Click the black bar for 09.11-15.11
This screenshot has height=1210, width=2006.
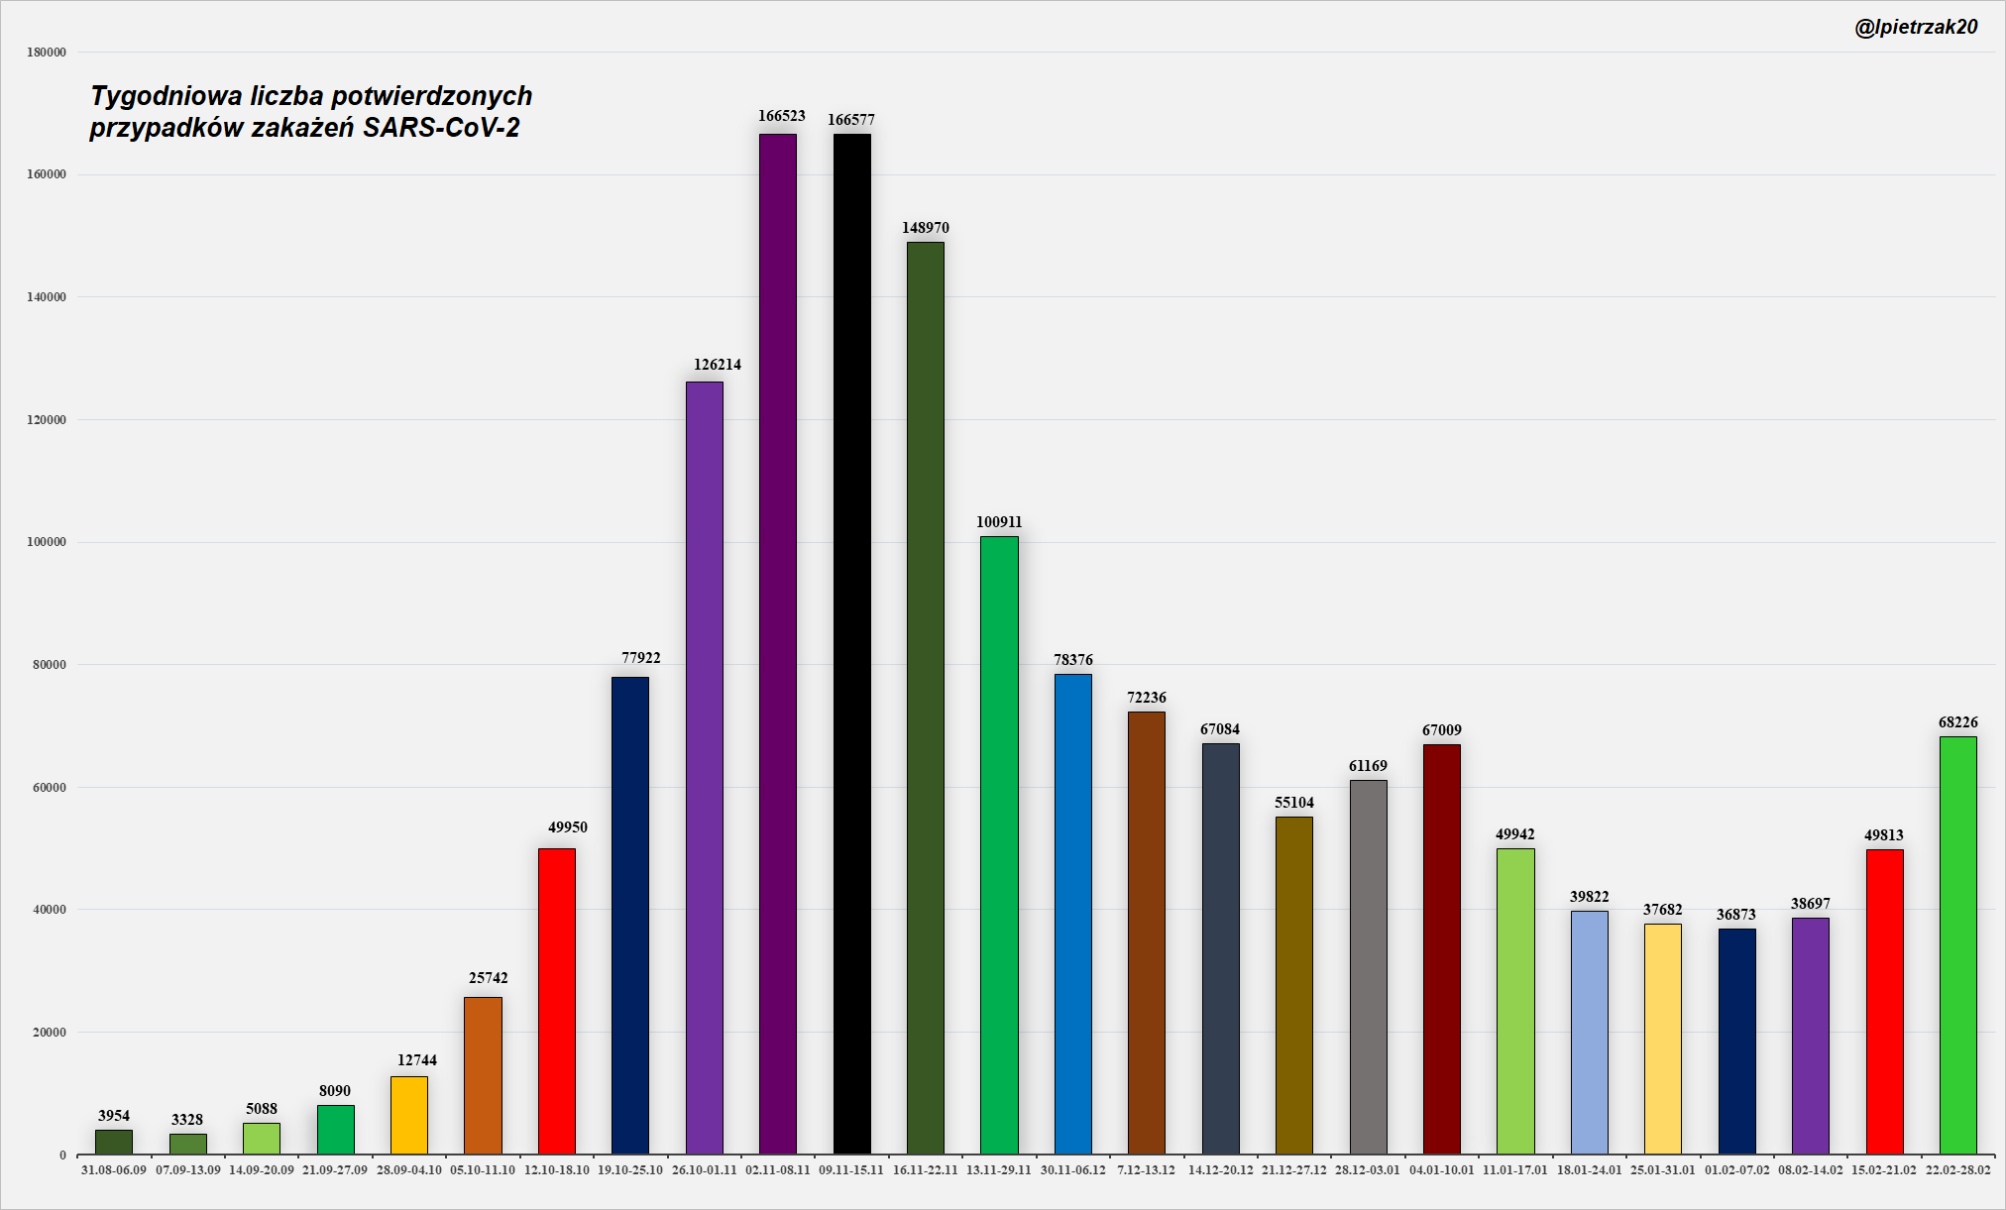pyautogui.click(x=851, y=644)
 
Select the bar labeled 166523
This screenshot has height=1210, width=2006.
pyautogui.click(x=778, y=644)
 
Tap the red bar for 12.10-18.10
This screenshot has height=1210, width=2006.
pyautogui.click(x=556, y=1001)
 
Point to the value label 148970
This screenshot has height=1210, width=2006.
pyautogui.click(x=925, y=228)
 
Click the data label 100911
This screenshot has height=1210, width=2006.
pyautogui.click(x=999, y=522)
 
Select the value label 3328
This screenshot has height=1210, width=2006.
pyautogui.click(x=187, y=1120)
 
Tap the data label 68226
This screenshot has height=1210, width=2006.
pyautogui.click(x=1957, y=722)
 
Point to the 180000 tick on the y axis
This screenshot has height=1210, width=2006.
pyautogui.click(x=47, y=53)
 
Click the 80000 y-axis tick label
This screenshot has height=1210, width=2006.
pyautogui.click(x=50, y=665)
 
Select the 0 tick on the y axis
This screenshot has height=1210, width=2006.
pyautogui.click(x=62, y=1155)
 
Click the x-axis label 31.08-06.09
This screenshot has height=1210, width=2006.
pyautogui.click(x=114, y=1170)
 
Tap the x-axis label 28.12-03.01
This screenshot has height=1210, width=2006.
pyautogui.click(x=1368, y=1170)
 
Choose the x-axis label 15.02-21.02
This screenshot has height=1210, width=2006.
pyautogui.click(x=1884, y=1170)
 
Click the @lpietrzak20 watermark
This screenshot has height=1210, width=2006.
pyautogui.click(x=1916, y=28)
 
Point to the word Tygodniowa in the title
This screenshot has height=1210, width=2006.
pyautogui.click(x=167, y=96)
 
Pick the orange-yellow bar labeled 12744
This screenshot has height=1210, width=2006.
pyautogui.click(x=409, y=1115)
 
